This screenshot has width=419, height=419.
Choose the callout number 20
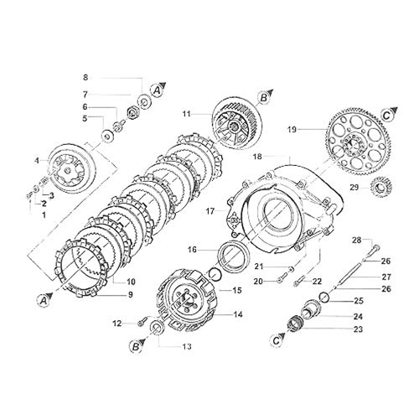coord(258,281)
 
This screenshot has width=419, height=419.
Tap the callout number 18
coord(258,157)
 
